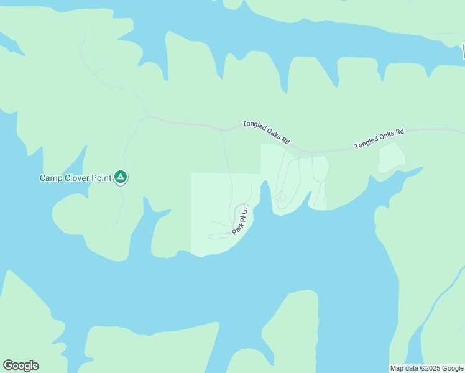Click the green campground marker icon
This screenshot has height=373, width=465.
(x=121, y=178)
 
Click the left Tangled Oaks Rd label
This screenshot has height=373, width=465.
(x=266, y=132)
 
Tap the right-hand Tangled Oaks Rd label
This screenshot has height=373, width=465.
(x=379, y=139)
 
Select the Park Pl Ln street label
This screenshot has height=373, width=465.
(x=240, y=220)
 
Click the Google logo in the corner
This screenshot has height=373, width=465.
(x=21, y=366)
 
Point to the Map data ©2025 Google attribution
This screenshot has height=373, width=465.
(x=427, y=368)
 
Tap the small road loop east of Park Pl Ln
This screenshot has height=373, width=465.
(x=280, y=198)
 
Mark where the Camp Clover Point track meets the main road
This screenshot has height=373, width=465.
(x=149, y=116)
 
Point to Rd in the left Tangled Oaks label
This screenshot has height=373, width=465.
(x=285, y=140)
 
